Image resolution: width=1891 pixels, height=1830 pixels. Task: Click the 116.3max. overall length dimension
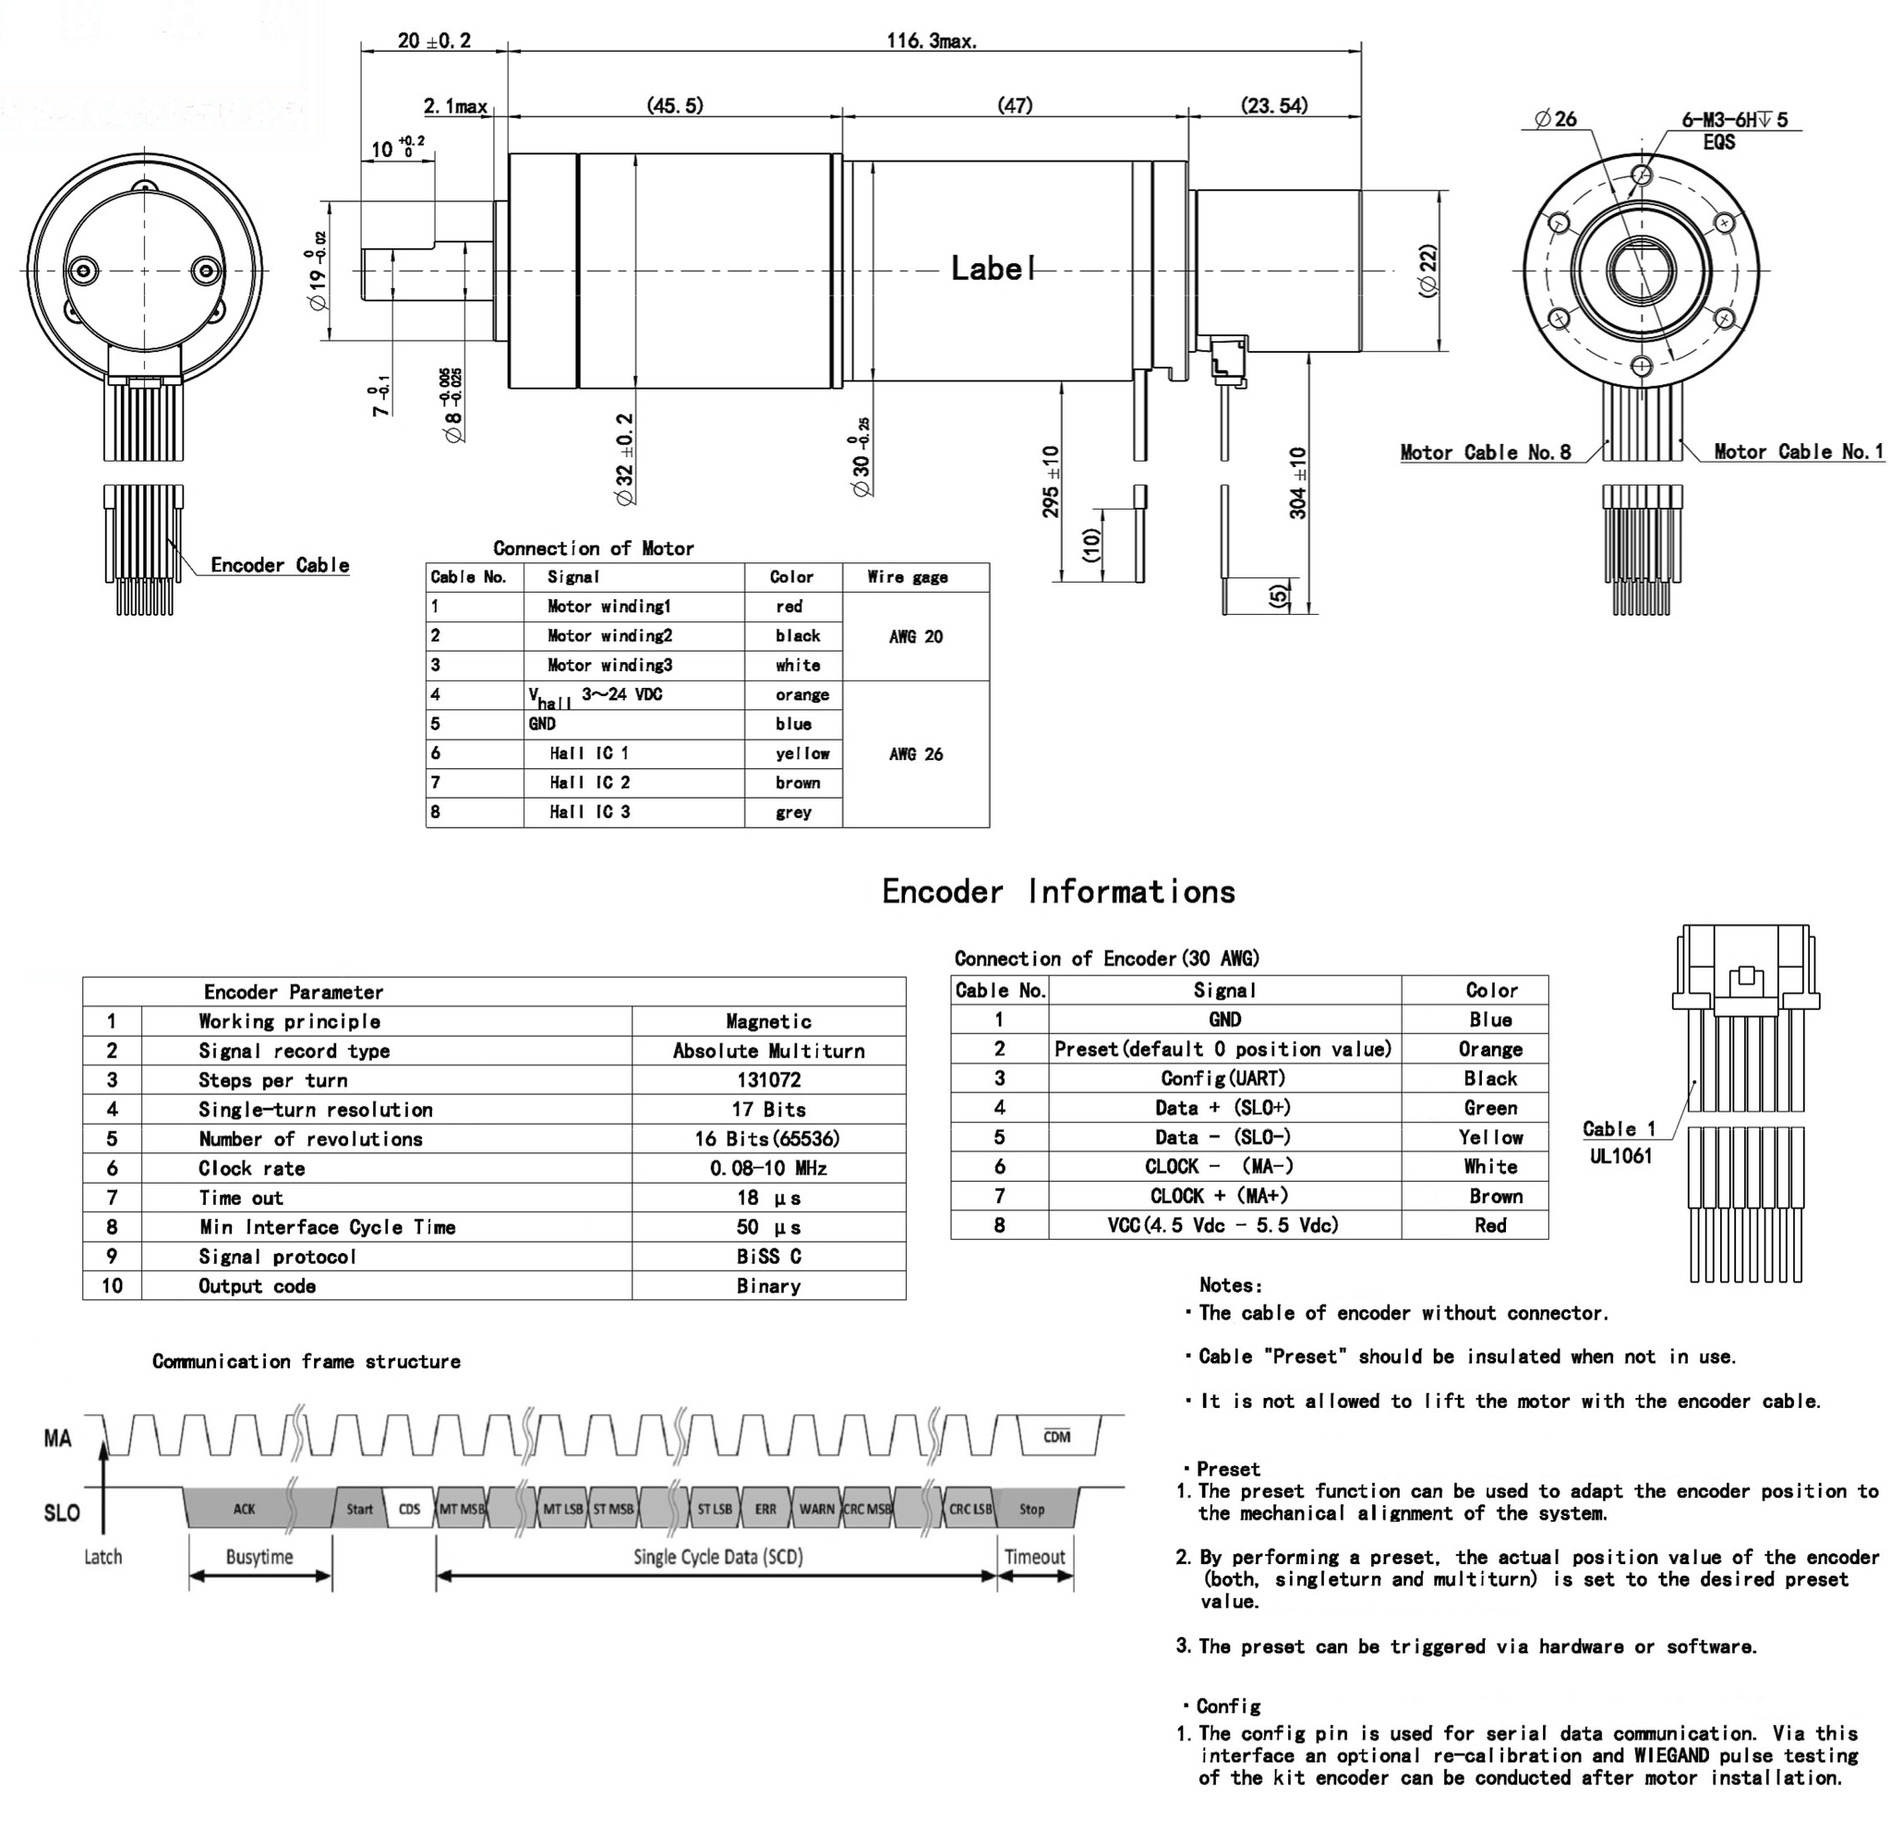tap(931, 41)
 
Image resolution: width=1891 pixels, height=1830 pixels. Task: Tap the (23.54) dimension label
tap(1273, 105)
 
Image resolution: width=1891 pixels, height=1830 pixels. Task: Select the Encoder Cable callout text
tap(280, 565)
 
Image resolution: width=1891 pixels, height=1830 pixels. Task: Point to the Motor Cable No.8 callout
tap(1485, 452)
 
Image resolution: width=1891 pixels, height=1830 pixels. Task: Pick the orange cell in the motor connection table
tap(801, 694)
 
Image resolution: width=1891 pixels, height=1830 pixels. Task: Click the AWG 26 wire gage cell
tap(916, 754)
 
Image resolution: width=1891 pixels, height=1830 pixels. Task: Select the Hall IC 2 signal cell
tap(589, 782)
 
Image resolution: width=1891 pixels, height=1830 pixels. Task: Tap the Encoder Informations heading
tap(1058, 891)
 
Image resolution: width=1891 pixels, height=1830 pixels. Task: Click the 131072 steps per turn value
tap(768, 1080)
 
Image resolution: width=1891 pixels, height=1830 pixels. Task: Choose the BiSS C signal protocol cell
tap(768, 1256)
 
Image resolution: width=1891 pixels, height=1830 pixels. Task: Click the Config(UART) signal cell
tap(1223, 1078)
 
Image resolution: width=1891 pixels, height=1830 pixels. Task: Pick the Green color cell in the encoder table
tap(1489, 1108)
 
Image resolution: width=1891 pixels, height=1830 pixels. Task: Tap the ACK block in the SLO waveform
tap(244, 1509)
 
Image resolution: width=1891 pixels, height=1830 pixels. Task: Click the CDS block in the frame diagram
tap(409, 1509)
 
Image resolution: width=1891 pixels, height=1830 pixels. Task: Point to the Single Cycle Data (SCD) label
tap(717, 1556)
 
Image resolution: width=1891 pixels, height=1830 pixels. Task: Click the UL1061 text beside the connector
tap(1620, 1156)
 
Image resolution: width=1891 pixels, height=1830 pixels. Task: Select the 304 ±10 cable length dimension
tap(1298, 482)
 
